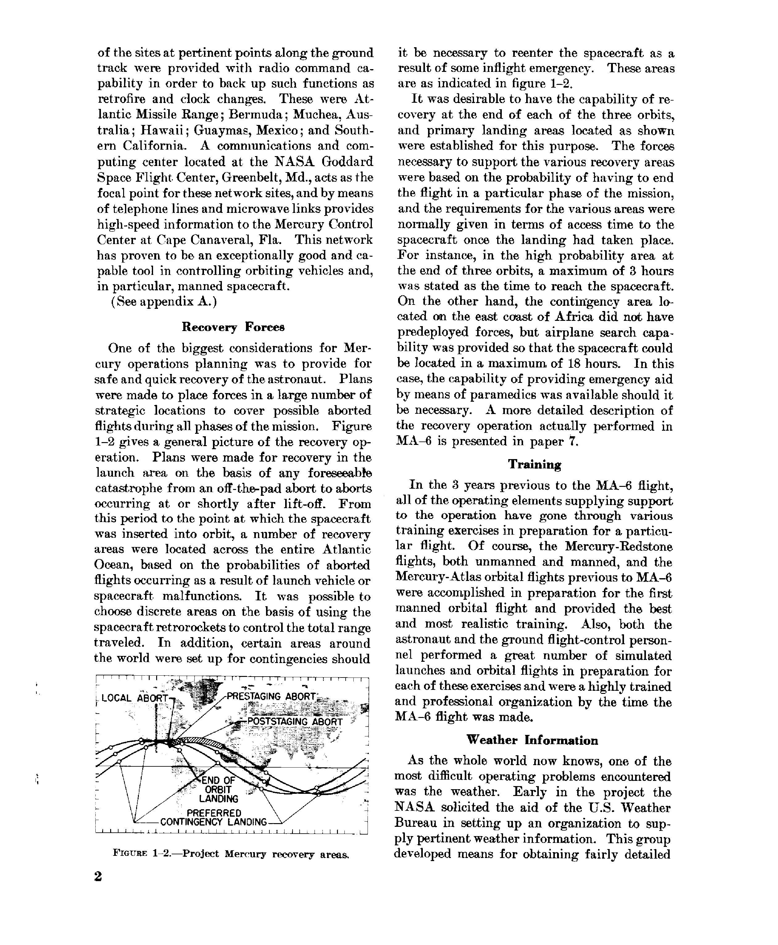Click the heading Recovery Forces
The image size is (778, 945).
[x=233, y=327]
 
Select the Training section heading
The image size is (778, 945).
[x=534, y=464]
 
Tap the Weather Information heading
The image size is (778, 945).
[x=532, y=740]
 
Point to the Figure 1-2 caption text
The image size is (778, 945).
[x=231, y=854]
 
